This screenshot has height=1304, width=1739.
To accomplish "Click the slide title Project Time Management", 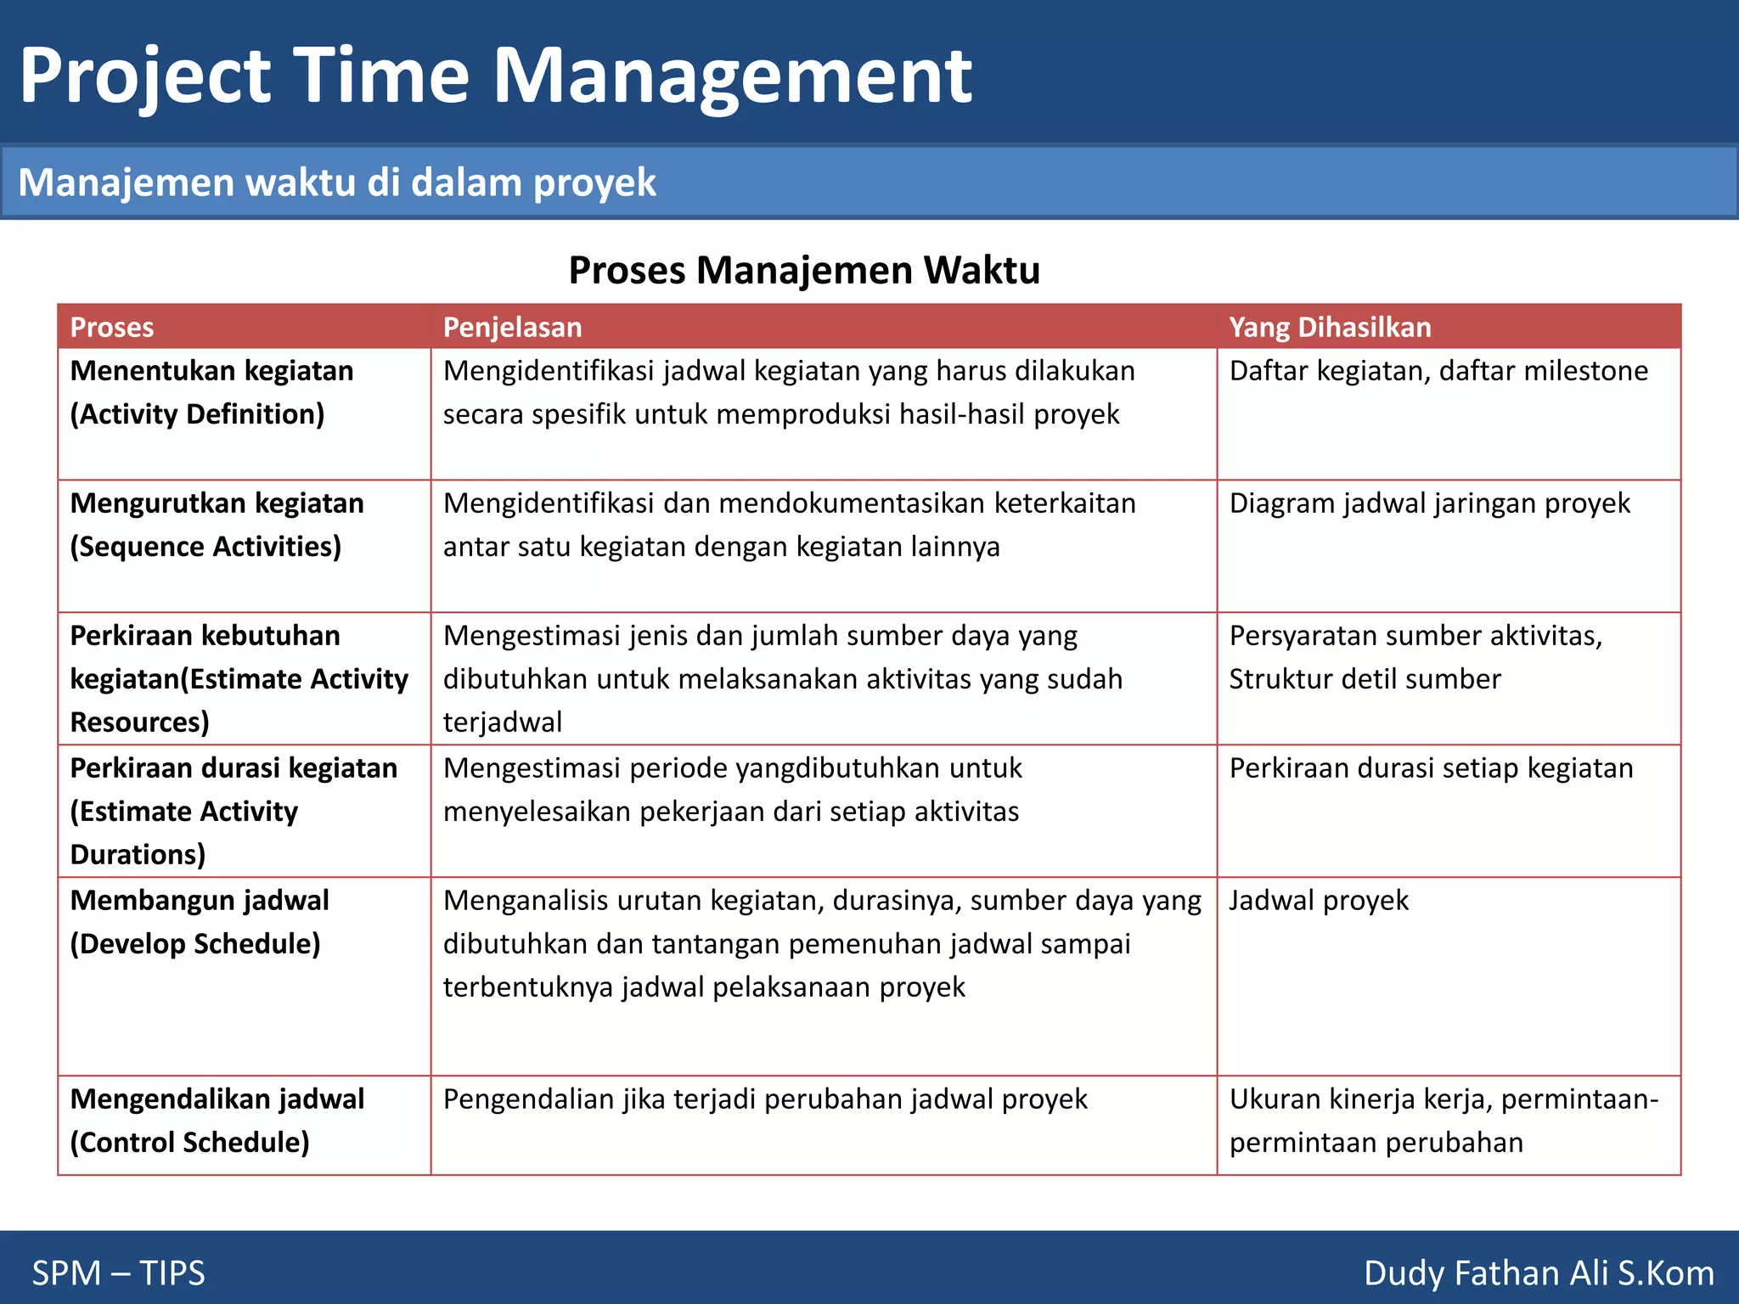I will [495, 76].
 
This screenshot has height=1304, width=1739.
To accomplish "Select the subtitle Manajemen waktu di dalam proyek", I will [337, 183].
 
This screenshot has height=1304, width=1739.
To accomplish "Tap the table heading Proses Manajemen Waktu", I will [803, 270].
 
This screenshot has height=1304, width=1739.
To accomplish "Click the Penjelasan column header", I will [512, 327].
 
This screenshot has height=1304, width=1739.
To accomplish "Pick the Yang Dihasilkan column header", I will [1330, 327].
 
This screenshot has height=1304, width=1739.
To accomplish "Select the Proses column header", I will [111, 327].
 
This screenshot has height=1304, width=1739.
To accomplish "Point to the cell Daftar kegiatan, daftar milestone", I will [1438, 371].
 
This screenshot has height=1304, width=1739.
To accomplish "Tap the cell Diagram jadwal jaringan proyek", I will [1429, 503].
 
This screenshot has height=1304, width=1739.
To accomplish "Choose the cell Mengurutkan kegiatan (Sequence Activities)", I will [217, 525].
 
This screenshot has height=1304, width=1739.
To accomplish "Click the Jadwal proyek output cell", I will [1318, 901].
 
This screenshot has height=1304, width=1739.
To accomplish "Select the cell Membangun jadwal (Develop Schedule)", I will [200, 922].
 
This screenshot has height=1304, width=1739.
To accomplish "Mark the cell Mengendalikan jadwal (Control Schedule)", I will [217, 1121].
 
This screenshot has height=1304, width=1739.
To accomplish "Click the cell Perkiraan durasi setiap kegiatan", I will [1431, 768].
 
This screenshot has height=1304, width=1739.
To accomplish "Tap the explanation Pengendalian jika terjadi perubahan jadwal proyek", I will [764, 1099].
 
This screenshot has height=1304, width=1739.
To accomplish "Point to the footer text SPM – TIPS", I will [118, 1273].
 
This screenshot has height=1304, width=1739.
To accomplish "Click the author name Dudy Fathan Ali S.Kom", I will [1538, 1273].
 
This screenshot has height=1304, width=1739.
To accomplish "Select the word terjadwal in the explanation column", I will [503, 722].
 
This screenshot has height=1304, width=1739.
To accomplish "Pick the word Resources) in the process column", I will [139, 722].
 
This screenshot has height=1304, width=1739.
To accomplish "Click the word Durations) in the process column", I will [138, 855].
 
